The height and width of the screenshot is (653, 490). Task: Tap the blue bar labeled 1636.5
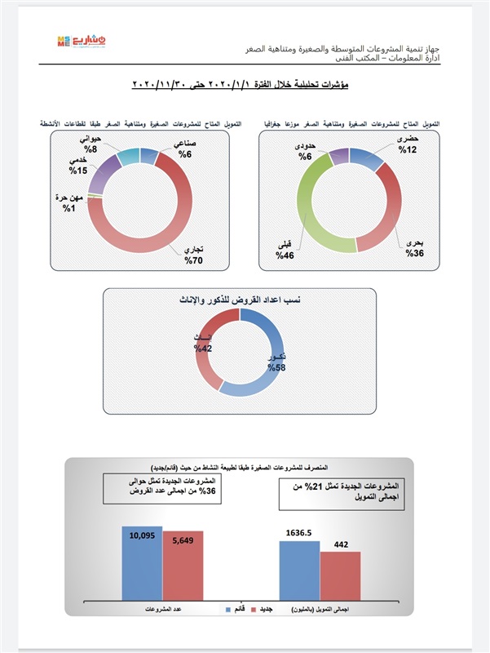click(298, 570)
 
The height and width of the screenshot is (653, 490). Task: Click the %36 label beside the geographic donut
click(415, 255)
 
